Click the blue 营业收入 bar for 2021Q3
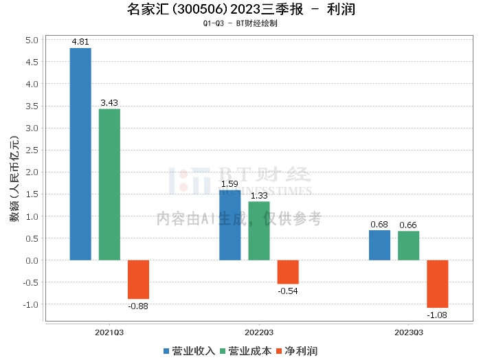(80, 154)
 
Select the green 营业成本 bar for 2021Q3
(109, 184)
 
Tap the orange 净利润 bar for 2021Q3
(138, 279)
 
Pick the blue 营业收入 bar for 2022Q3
(230, 225)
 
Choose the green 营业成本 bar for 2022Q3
(259, 231)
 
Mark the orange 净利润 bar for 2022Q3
(288, 272)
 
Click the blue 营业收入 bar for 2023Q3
(379, 245)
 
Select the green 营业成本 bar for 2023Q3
(408, 245)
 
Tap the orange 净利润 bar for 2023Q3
(437, 284)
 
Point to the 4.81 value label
(80, 42)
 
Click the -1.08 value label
(437, 314)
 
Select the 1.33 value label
(259, 196)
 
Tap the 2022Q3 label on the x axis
(259, 332)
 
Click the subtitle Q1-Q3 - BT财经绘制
(240, 23)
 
